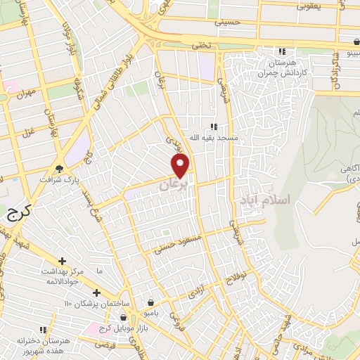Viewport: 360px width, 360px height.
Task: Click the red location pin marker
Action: click(181, 165)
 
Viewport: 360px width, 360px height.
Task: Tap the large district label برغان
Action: click(174, 186)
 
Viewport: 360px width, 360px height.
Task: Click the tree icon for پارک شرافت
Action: click(59, 168)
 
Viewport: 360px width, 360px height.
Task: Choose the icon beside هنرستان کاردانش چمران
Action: click(282, 51)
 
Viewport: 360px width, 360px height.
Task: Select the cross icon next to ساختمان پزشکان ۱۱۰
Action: click(96, 292)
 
